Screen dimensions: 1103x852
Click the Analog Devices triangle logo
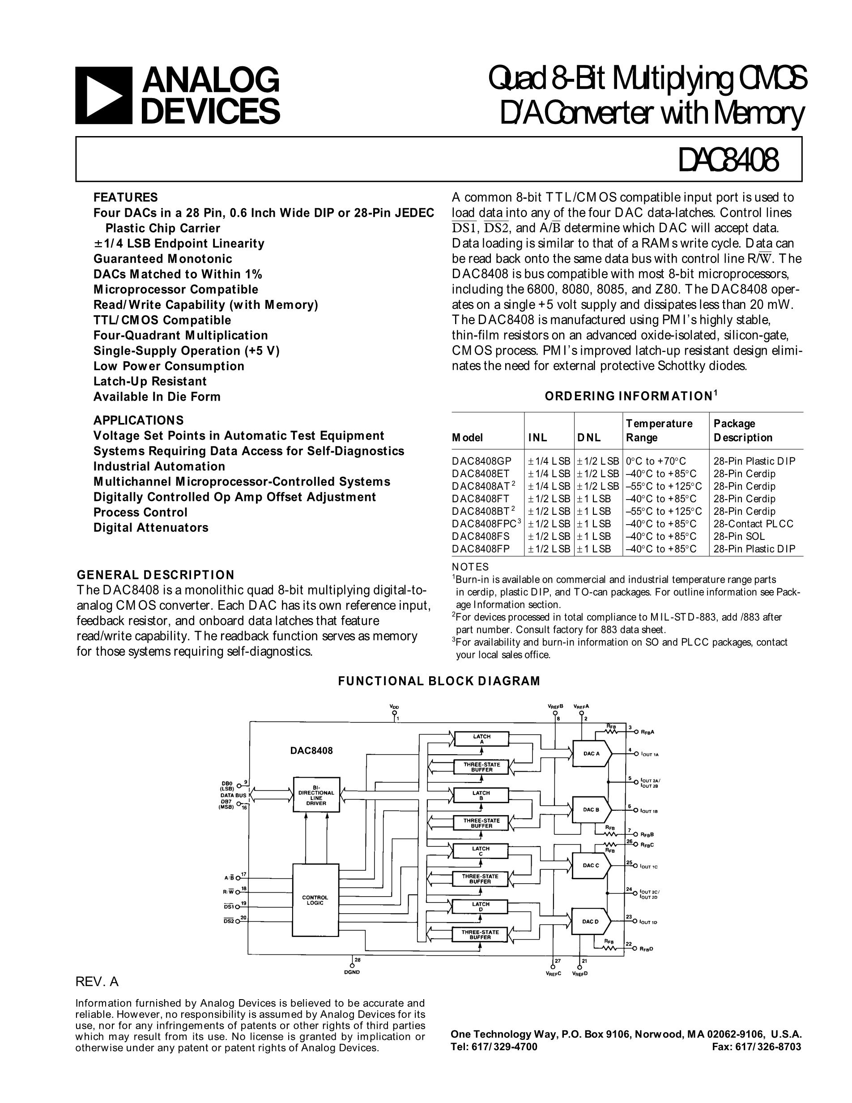(x=103, y=95)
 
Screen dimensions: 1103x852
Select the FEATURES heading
(x=125, y=197)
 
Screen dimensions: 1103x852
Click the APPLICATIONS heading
(x=138, y=420)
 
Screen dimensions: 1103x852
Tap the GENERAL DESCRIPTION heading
(x=155, y=575)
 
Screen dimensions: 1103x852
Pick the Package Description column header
(x=742, y=430)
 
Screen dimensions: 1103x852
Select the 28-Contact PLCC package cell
(x=753, y=524)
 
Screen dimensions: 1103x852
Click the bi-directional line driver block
(x=316, y=795)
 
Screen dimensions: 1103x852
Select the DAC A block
(x=591, y=754)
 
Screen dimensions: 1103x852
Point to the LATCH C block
(x=481, y=851)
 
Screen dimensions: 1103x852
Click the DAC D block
(x=590, y=922)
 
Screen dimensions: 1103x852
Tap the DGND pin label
(x=352, y=972)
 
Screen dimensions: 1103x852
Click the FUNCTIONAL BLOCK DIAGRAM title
(x=439, y=681)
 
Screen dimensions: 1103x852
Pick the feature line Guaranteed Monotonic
(x=162, y=259)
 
